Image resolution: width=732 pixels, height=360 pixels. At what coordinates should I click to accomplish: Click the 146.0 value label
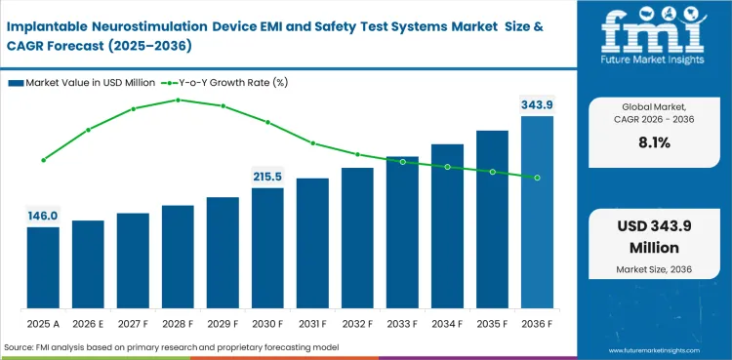pyautogui.click(x=43, y=216)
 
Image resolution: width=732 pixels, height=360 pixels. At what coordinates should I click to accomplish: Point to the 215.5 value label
pyautogui.click(x=267, y=177)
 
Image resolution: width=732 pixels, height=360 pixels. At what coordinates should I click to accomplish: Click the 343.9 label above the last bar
pyautogui.click(x=536, y=104)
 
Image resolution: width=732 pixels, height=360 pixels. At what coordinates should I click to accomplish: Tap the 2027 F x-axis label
pyautogui.click(x=133, y=322)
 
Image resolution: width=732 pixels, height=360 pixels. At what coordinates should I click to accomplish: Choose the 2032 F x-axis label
pyautogui.click(x=357, y=322)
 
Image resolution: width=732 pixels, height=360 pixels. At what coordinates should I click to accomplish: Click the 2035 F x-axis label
pyautogui.click(x=492, y=322)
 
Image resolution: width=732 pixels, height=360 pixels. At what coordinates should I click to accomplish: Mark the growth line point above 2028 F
pyautogui.click(x=178, y=100)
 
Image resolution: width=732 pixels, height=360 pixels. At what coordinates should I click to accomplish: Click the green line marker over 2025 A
pyautogui.click(x=43, y=160)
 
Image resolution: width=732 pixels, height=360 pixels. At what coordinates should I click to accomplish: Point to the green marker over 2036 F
pyautogui.click(x=537, y=178)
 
